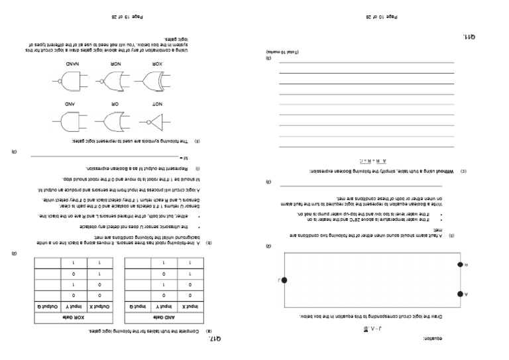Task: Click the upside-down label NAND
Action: coord(72,65)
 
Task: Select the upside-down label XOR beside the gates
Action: coord(157,65)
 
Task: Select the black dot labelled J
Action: coord(284,280)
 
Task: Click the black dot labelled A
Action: coord(459,294)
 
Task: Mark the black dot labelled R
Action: coord(459,265)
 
